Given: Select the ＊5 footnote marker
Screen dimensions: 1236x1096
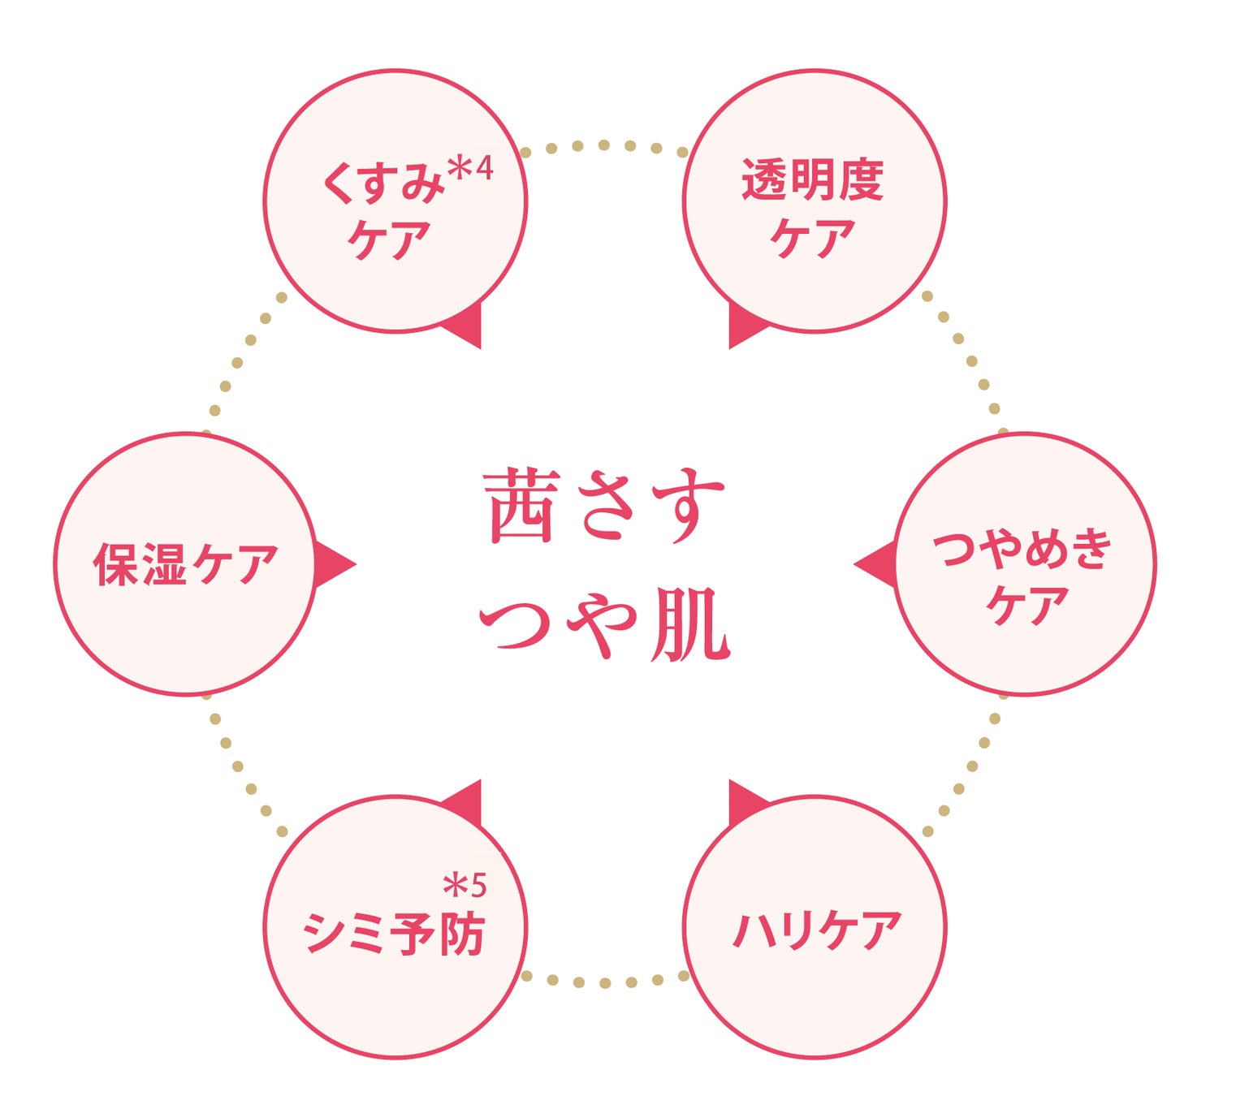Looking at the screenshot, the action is (x=465, y=885).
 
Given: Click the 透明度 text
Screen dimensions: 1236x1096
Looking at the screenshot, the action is (x=813, y=179).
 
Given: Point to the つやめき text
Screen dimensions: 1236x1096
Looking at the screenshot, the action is (x=1022, y=549).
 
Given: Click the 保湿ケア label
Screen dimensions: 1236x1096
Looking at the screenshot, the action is (x=185, y=564).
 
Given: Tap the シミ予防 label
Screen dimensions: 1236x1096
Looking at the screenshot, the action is (x=394, y=934).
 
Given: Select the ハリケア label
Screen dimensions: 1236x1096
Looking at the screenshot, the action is (x=816, y=930).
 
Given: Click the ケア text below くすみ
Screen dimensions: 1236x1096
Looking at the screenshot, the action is (x=389, y=239).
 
